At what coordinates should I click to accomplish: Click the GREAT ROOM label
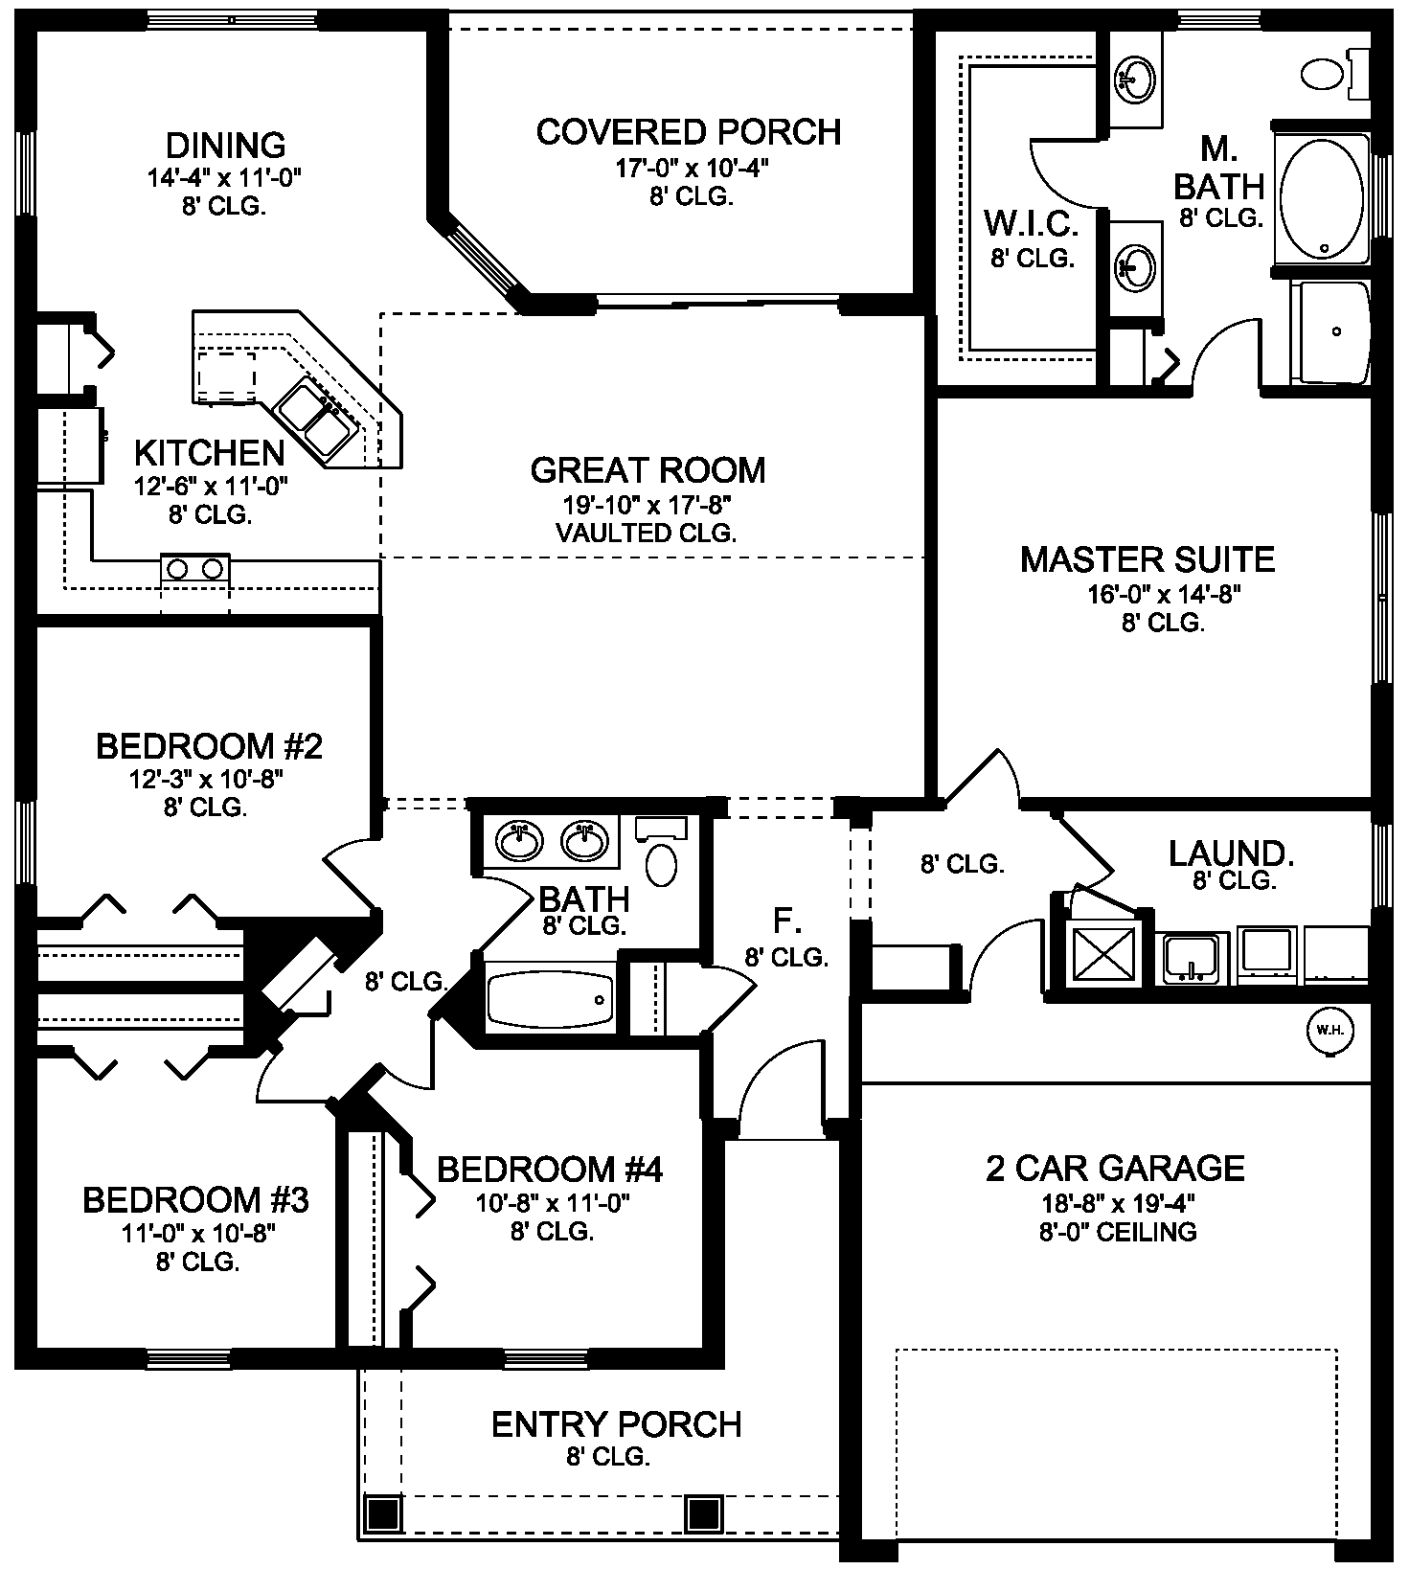click(x=648, y=470)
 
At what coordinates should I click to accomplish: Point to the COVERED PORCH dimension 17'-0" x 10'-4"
click(x=692, y=169)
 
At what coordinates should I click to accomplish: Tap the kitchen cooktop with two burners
click(x=195, y=568)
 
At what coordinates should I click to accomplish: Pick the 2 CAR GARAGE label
click(x=1116, y=1168)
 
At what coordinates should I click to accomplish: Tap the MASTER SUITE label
click(x=1148, y=559)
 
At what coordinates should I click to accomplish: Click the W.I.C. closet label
click(x=1032, y=224)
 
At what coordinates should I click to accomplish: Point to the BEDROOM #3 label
click(x=195, y=1199)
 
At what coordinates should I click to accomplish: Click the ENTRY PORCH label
click(x=617, y=1424)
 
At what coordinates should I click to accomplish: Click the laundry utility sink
click(x=1192, y=957)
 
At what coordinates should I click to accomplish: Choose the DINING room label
click(x=226, y=146)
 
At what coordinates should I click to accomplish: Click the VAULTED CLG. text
click(x=647, y=534)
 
